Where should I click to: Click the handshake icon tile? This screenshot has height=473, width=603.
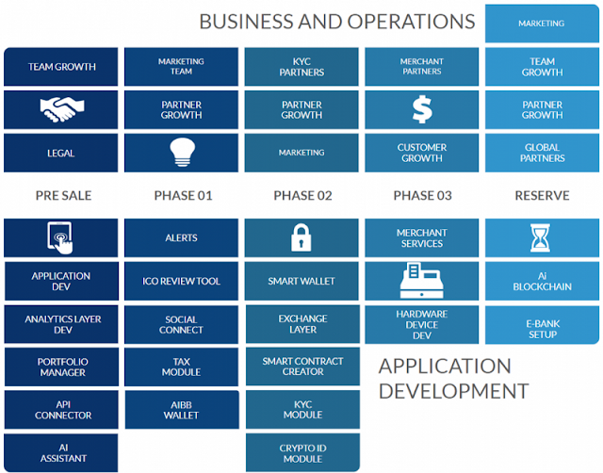click(x=61, y=110)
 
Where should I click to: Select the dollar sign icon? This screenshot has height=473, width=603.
click(x=421, y=110)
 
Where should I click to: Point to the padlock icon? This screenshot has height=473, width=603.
click(x=301, y=237)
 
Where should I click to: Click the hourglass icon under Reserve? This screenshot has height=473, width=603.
click(x=542, y=237)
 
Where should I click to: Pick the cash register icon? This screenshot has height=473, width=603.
click(x=421, y=281)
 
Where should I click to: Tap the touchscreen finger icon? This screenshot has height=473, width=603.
click(x=61, y=237)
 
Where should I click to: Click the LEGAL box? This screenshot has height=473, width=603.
click(x=61, y=153)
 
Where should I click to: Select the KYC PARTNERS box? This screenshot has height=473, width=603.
click(x=301, y=67)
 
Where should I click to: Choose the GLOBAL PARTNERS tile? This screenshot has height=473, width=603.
click(x=542, y=153)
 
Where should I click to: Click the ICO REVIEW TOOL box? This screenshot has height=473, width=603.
click(x=181, y=281)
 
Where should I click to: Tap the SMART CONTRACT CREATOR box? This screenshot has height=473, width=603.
click(x=301, y=367)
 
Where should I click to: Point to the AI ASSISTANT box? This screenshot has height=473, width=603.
click(x=61, y=452)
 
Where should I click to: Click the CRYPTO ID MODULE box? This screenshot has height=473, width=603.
click(x=301, y=452)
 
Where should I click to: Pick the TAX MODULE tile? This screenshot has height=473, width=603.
click(x=181, y=367)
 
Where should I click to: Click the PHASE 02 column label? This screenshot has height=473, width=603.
click(x=302, y=196)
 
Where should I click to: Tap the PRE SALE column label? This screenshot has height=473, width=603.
click(x=63, y=196)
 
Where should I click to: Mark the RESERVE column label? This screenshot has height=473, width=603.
click(x=542, y=196)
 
